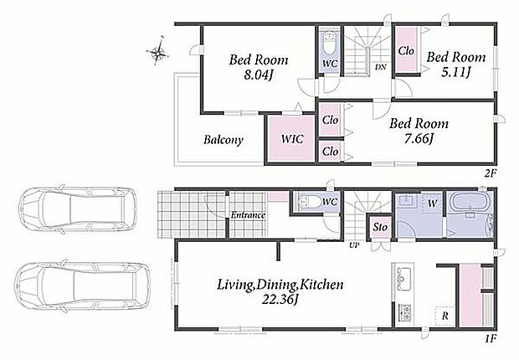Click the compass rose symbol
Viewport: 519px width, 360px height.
[x=157, y=51]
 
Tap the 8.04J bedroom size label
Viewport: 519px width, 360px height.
[x=258, y=76]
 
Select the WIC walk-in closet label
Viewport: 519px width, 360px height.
[x=293, y=138]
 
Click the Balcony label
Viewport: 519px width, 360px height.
[x=224, y=140]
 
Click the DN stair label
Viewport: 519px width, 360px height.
[x=381, y=67]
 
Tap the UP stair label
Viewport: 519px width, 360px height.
[x=354, y=245]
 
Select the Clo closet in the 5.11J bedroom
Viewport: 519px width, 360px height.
[x=406, y=51]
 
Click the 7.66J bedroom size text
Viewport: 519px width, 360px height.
[x=419, y=138]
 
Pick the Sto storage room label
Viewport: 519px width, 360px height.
[x=380, y=227]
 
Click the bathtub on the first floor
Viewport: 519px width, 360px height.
[x=470, y=203]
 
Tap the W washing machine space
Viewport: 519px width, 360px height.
[x=432, y=203]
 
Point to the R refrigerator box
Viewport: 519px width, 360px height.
[x=444, y=316]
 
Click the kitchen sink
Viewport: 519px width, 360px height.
[x=403, y=278]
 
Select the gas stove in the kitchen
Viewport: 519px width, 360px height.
[x=404, y=312]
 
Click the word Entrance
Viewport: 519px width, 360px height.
[x=248, y=215]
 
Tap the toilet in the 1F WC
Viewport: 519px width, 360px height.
[x=308, y=202]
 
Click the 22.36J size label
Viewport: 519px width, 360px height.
[x=280, y=300]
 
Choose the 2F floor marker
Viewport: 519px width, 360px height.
[x=491, y=172]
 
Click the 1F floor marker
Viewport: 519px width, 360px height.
[x=491, y=338]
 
